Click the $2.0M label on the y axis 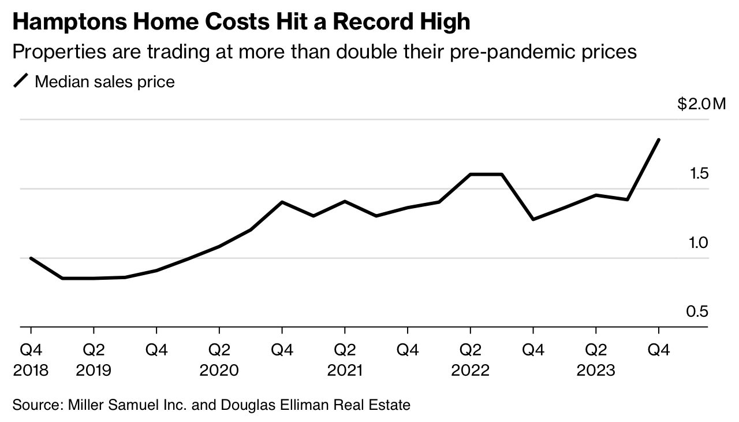701,105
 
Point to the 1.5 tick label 697,173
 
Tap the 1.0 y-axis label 697,243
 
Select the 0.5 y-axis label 697,312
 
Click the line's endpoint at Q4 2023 659,140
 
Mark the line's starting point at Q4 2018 31,258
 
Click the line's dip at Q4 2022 533,219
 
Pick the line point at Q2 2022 471,174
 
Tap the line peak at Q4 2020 282,202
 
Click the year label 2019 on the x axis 94,371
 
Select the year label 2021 345,371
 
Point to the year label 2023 596,371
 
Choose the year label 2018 31,371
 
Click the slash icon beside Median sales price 21,82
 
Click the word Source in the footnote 34,405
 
